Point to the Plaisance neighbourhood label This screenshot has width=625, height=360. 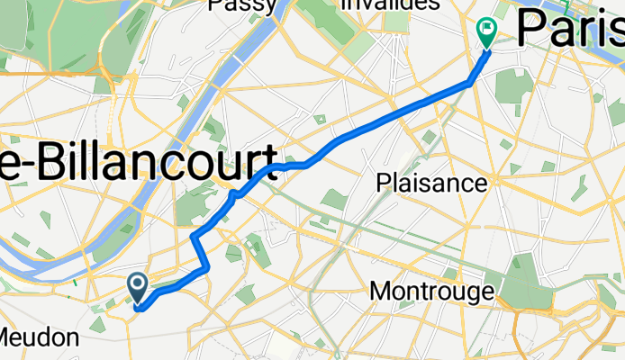(x=431, y=184)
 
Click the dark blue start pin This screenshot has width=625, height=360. (x=138, y=287)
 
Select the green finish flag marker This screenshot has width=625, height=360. (x=487, y=33)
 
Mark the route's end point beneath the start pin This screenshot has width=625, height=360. (x=138, y=306)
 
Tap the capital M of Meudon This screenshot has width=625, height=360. (x=8, y=337)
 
